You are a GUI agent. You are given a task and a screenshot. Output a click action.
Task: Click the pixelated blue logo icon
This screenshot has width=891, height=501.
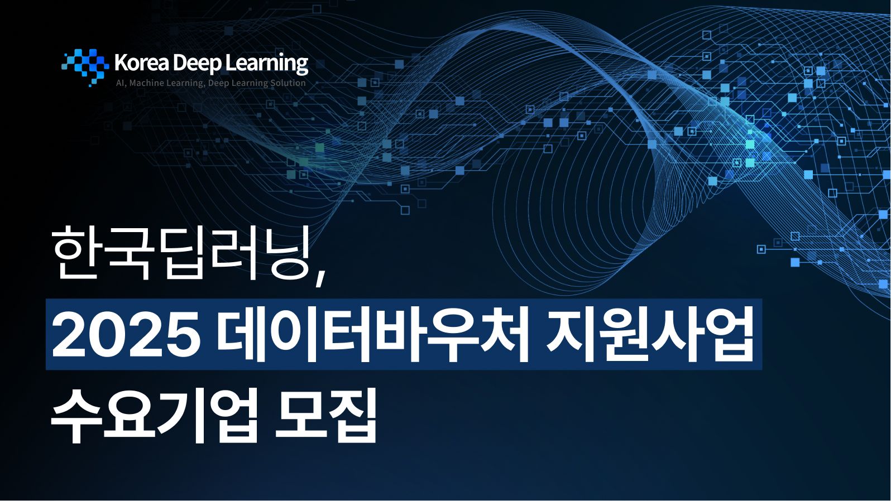click(85, 67)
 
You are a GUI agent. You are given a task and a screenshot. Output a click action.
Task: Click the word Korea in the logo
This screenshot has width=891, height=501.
click(142, 63)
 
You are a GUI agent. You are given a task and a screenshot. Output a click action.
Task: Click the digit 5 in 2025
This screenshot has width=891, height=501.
click(183, 335)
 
